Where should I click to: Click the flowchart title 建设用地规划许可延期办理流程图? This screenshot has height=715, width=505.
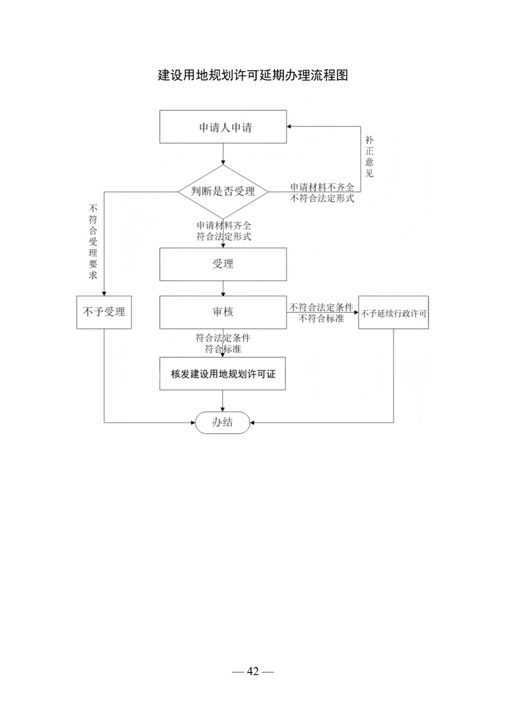coord(253,75)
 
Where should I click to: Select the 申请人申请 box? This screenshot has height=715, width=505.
coord(223,127)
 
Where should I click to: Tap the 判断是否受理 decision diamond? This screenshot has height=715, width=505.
coord(223,192)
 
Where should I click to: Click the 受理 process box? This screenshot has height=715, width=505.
coord(223,264)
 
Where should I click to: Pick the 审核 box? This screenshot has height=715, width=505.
coord(223,312)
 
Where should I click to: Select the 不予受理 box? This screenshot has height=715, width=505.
coord(104,312)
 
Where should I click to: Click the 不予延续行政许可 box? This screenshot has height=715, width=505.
coord(394,312)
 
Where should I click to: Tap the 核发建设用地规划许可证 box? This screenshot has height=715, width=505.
coord(222,373)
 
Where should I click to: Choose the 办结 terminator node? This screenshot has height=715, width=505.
coord(222,422)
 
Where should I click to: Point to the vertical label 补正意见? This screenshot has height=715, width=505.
coord(369,156)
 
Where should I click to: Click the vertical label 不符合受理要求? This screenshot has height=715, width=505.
coord(93,242)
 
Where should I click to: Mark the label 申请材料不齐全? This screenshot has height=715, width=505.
coord(322,187)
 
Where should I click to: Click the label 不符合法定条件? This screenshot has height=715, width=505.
coord(322,307)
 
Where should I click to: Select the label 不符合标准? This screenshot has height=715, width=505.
coord(322,318)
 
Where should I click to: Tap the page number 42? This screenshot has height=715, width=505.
coord(253,671)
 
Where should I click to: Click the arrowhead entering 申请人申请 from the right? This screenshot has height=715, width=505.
coord(289,126)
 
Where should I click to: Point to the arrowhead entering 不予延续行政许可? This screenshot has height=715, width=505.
coord(356,312)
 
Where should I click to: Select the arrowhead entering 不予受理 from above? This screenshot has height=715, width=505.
coord(104,293)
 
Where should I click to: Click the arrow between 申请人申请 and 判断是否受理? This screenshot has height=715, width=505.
coord(223,154)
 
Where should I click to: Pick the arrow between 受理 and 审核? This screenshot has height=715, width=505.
coord(223,288)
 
